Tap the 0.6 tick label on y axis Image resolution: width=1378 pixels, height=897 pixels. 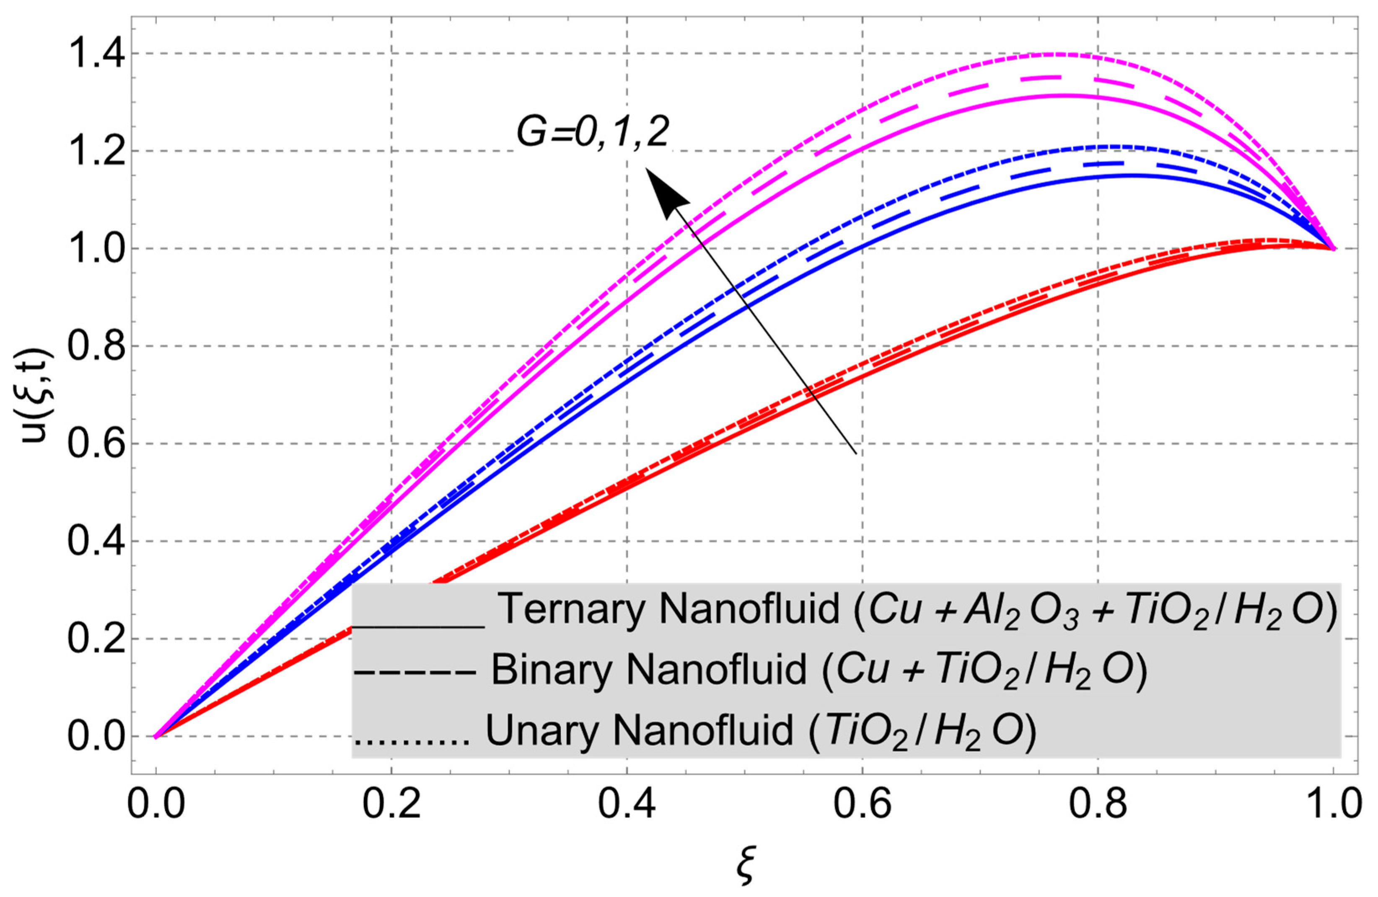(96, 444)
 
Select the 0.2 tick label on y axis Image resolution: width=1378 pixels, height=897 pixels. (96, 639)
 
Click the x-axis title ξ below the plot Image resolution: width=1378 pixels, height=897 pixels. (745, 868)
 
